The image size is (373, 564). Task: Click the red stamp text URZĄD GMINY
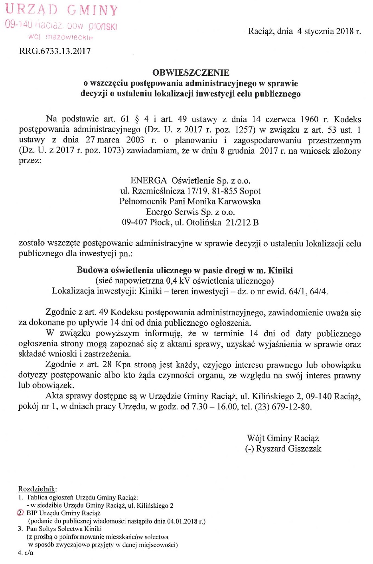tap(62, 10)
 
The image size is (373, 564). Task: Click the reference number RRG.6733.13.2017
tap(55, 51)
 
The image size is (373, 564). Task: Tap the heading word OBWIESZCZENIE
tap(191, 72)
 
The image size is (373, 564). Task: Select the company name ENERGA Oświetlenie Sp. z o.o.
tap(190, 180)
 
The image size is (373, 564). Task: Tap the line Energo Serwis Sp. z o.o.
tap(190, 212)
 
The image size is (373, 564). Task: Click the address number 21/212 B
tap(242, 223)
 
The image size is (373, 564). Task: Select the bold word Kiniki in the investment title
tap(280, 270)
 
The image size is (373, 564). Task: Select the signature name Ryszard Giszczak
tap(288, 448)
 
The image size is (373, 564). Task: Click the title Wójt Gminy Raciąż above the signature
tap(283, 438)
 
